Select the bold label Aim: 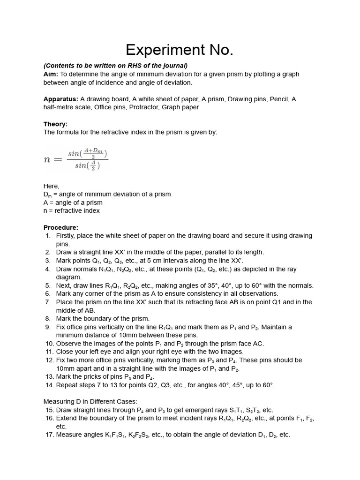51,74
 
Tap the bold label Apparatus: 61,99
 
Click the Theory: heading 55,124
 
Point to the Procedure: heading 61,227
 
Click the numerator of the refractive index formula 87,153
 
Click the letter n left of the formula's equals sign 47,159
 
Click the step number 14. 49,385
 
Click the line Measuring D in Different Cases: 90,402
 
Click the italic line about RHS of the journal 115,66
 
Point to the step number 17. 49,435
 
